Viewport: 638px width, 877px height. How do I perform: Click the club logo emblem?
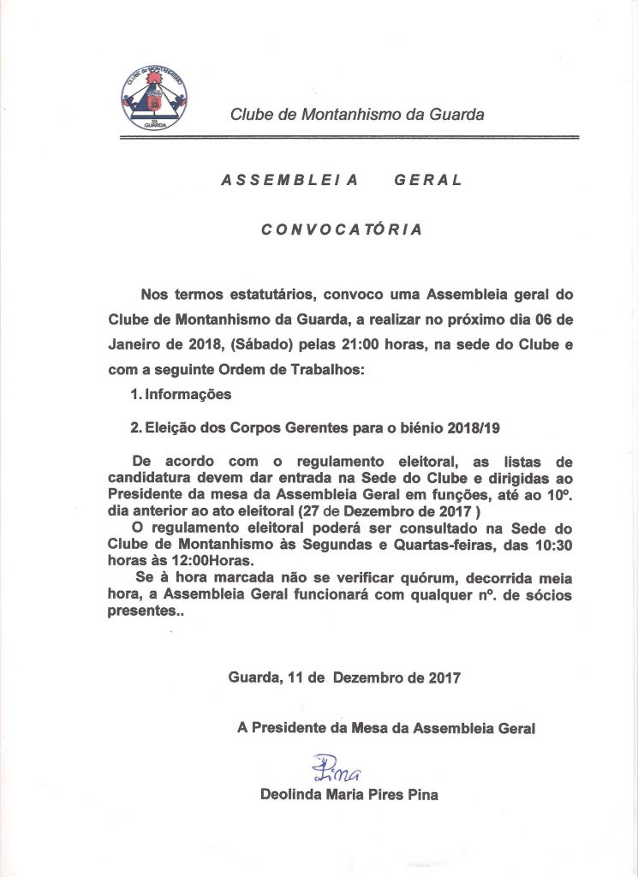[155, 98]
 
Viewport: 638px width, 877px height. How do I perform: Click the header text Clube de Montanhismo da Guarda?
[357, 114]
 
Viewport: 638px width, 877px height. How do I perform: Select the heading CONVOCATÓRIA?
[341, 230]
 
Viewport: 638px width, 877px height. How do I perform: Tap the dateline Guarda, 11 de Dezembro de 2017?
[344, 677]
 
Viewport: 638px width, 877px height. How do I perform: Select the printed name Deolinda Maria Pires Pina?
[349, 795]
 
